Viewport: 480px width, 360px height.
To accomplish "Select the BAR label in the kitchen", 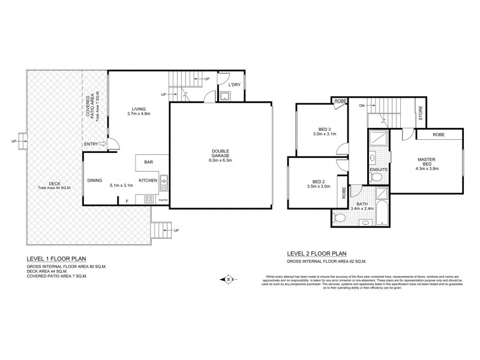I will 148,161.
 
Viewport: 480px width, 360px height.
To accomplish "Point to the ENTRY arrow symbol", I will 103,144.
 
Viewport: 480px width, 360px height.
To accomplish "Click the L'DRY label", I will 235,85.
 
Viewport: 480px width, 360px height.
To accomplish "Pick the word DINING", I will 95,180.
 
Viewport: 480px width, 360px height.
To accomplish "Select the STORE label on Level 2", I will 421,115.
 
